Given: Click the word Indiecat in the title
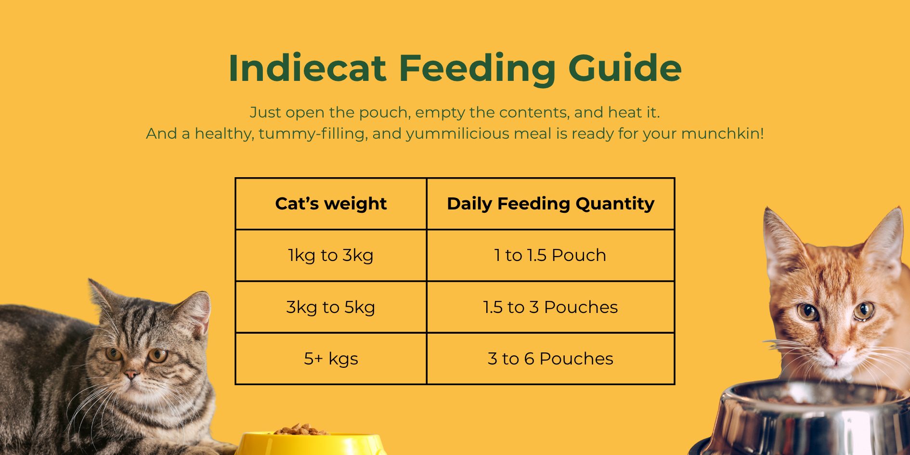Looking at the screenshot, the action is (x=307, y=68).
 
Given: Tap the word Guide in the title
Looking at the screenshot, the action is (x=625, y=68).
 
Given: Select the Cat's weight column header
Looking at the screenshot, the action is (x=331, y=204).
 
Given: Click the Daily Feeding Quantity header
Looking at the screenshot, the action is (x=551, y=204).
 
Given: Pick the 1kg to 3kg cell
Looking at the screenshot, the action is (x=331, y=255).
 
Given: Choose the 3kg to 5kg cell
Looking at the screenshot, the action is (x=331, y=307).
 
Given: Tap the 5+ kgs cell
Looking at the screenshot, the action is (x=331, y=359).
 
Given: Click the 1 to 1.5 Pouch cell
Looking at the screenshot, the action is (x=550, y=255).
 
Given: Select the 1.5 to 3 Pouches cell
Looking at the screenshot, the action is (x=550, y=307).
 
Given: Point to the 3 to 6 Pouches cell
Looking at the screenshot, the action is (x=550, y=359).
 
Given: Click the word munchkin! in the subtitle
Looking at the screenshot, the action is (x=723, y=133).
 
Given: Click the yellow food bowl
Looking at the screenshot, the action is (x=311, y=444).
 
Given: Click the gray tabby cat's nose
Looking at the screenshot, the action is (x=130, y=374).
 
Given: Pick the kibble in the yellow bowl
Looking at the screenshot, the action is (x=301, y=429).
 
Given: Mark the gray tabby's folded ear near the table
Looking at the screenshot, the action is (x=197, y=311).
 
